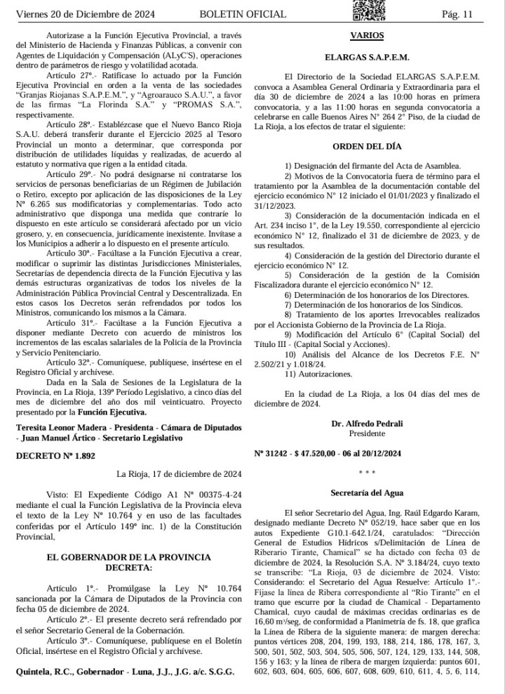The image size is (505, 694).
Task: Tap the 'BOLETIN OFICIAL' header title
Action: click(243, 14)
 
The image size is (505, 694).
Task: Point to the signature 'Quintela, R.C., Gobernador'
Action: click(75, 671)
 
